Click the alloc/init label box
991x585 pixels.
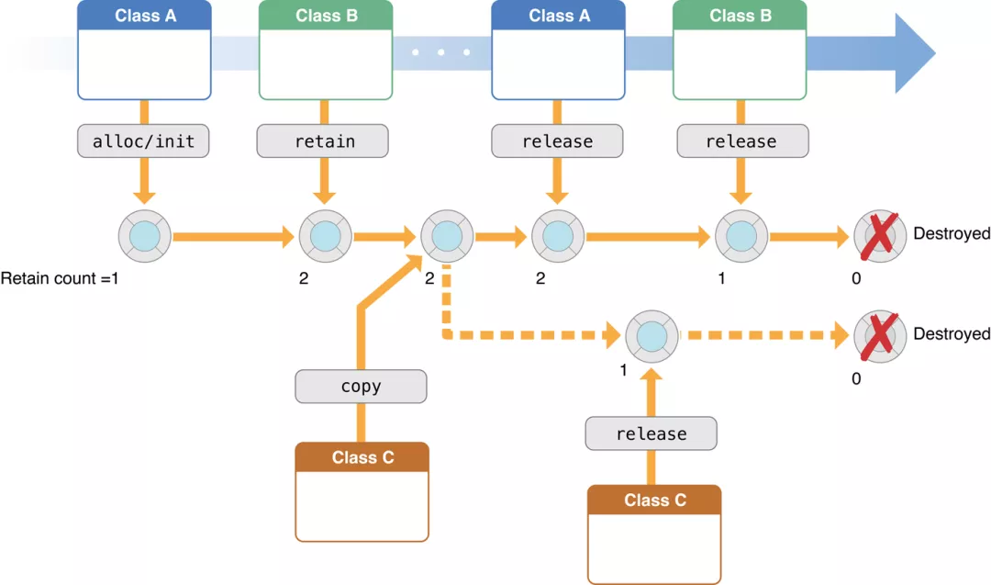pyautogui.click(x=144, y=141)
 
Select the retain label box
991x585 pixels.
pyautogui.click(x=323, y=141)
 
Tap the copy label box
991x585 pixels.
pyautogui.click(x=361, y=387)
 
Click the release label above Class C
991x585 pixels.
pyautogui.click(x=651, y=433)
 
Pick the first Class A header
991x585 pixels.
pyautogui.click(x=145, y=16)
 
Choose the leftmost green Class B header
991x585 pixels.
pyautogui.click(x=326, y=16)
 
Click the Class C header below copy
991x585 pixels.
pyautogui.click(x=362, y=457)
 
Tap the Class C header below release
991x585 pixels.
pyautogui.click(x=654, y=501)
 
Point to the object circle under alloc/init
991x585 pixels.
pyautogui.click(x=145, y=236)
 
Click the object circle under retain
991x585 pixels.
pyautogui.click(x=324, y=236)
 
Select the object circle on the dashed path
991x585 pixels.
pyautogui.click(x=651, y=335)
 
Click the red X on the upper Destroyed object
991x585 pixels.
pyautogui.click(x=879, y=236)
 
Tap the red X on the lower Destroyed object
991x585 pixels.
pyautogui.click(x=879, y=335)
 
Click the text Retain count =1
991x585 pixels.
pyautogui.click(x=60, y=277)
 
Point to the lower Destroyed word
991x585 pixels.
pyautogui.click(x=951, y=334)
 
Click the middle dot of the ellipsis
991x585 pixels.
pyautogui.click(x=441, y=52)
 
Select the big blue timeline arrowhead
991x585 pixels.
pyautogui.click(x=912, y=53)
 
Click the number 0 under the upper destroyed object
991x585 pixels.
pyautogui.click(x=856, y=277)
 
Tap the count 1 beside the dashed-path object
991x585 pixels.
pyautogui.click(x=623, y=371)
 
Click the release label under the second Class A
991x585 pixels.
pyautogui.click(x=557, y=141)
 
